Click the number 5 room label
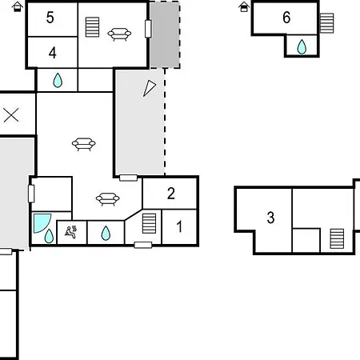(50, 18)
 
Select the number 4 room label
(53, 53)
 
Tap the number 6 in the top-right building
(286, 18)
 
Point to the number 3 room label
(270, 218)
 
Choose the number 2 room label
(171, 194)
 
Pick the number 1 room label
(179, 226)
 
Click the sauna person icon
(70, 232)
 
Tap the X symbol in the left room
(11, 115)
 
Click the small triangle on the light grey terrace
(150, 88)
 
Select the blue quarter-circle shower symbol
(42, 223)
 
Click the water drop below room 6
(302, 46)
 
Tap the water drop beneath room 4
(58, 80)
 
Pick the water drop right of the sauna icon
(106, 233)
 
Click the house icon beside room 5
(18, 6)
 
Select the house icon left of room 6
(244, 6)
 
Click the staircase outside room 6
(326, 23)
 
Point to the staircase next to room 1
(149, 223)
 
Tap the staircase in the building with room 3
(337, 238)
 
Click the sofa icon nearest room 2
(108, 199)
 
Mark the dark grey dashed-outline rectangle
(165, 35)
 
